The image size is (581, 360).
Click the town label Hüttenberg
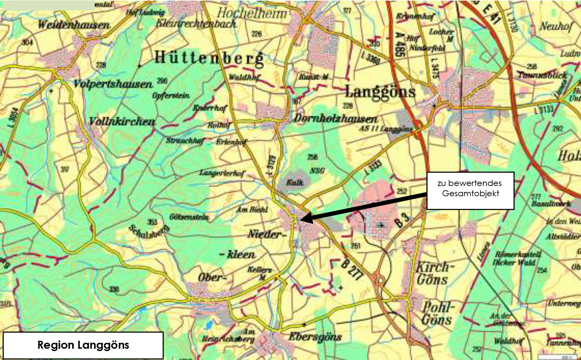[x=209, y=58]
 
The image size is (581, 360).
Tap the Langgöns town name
[x=380, y=91]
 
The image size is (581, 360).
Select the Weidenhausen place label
[x=74, y=25]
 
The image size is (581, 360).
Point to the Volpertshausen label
[x=113, y=84]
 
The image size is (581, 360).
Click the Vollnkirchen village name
[x=122, y=121]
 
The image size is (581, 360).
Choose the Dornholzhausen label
[x=336, y=118]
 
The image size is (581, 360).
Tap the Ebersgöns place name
[x=315, y=337]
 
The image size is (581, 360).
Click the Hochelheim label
[x=252, y=13]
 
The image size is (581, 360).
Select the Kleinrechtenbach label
[x=196, y=23]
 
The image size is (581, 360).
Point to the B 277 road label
[x=352, y=269]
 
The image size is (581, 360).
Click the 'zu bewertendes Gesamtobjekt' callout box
[x=470, y=190]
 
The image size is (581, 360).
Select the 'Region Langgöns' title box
[x=83, y=345]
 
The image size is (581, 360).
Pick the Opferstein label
[x=171, y=95]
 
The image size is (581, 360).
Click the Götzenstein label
[x=189, y=217]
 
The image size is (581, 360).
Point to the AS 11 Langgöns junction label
[x=386, y=129]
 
